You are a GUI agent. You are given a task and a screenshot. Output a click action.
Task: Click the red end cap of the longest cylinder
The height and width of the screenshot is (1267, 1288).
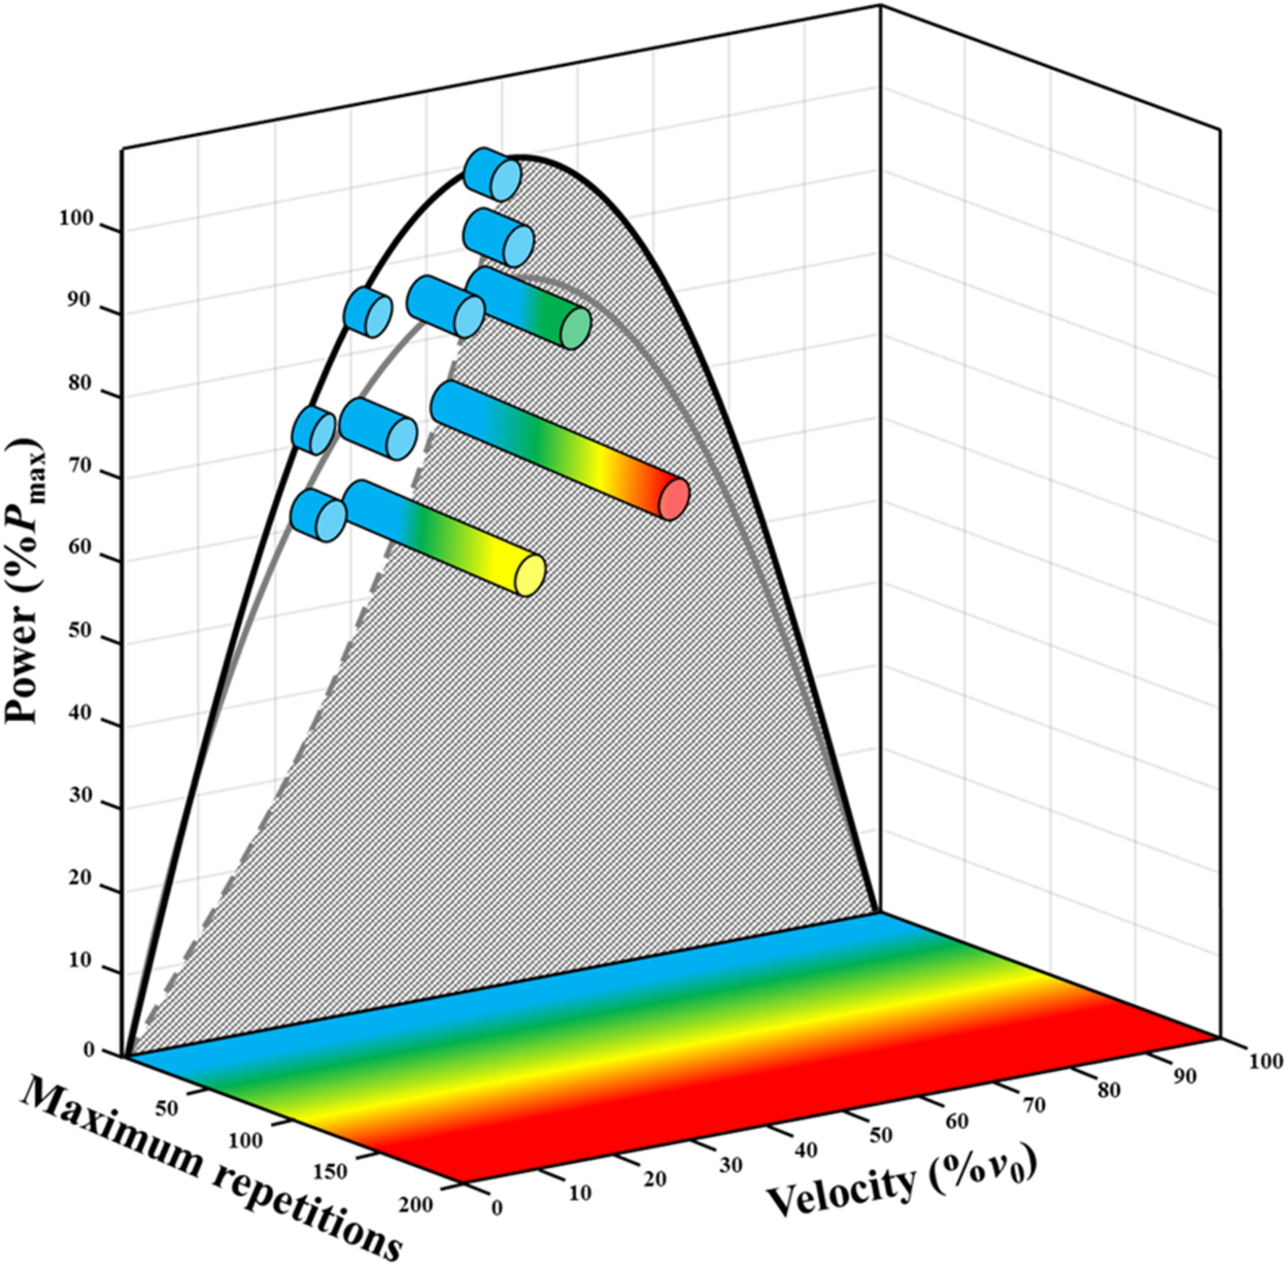[x=673, y=498]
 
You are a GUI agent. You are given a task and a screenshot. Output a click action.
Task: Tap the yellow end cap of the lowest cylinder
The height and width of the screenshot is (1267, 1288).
[x=530, y=575]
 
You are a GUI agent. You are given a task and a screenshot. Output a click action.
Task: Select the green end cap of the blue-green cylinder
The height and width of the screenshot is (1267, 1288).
[x=575, y=328]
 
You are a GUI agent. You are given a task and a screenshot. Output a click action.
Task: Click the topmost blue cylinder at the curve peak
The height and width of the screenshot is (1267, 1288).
[x=491, y=174]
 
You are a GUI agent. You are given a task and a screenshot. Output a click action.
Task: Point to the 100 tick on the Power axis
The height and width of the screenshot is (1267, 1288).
[x=74, y=219]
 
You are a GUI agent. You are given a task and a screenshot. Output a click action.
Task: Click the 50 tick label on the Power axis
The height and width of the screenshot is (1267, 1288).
[x=79, y=631]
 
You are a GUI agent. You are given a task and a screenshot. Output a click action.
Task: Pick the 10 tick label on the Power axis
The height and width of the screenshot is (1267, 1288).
[x=79, y=960]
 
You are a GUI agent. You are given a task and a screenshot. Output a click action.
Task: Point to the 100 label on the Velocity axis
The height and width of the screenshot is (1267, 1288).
[x=1265, y=1061]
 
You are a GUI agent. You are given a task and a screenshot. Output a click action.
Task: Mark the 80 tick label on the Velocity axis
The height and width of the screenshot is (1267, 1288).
[x=1109, y=1090]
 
